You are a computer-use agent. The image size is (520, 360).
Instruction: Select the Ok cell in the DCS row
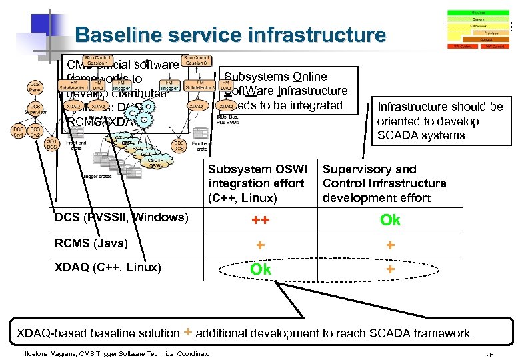(x=390, y=220)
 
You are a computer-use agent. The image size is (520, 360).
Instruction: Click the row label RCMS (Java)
(x=91, y=243)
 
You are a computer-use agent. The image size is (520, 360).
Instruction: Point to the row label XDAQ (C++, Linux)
(x=107, y=267)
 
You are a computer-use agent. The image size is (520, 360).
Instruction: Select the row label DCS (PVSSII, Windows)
(x=121, y=217)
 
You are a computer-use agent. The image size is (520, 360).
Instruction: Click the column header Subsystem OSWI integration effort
(x=257, y=183)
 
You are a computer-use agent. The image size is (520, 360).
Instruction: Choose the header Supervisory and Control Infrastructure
(x=385, y=183)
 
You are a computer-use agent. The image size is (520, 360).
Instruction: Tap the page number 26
(x=489, y=354)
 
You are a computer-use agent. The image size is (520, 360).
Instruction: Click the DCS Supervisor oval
(x=35, y=109)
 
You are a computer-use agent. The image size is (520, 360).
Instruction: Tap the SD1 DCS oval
(x=51, y=143)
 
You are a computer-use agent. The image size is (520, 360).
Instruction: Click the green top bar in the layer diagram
(x=478, y=13)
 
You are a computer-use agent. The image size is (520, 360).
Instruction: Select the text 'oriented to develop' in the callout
(x=427, y=121)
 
